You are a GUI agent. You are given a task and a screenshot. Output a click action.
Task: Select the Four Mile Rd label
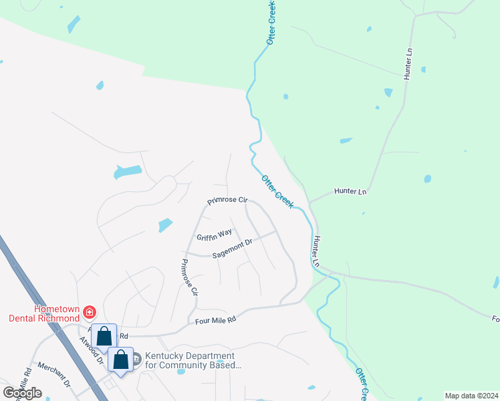pos(216,321)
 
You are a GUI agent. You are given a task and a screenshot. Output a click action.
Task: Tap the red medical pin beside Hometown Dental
pos(90,311)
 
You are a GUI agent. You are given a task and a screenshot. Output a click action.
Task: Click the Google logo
pos(22,393)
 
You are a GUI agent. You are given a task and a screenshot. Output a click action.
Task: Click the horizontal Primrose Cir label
pos(227,200)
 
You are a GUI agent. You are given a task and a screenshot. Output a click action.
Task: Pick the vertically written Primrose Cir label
pos(190,277)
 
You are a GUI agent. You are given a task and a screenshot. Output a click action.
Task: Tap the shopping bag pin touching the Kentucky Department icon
pos(120,361)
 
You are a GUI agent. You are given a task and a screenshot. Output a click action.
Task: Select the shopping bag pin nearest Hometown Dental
pos(104,336)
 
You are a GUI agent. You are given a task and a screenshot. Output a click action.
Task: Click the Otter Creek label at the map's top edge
pos(271,23)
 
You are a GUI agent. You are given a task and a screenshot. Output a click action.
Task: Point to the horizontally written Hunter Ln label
pos(350,192)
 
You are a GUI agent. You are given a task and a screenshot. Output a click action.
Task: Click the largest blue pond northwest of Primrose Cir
pos(128,172)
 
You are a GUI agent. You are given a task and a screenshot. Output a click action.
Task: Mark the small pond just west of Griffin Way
pos(165,225)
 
